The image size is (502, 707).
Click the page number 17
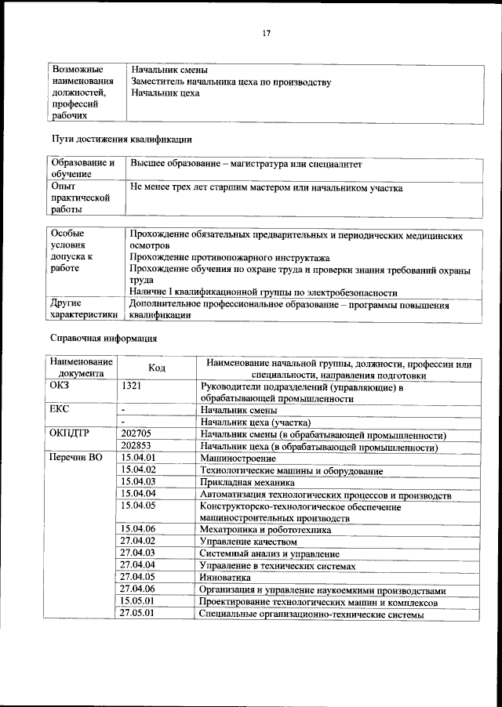click(267, 33)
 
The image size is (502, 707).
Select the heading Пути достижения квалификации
click(122, 139)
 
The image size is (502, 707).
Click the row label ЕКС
click(60, 409)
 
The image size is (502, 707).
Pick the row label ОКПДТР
click(68, 434)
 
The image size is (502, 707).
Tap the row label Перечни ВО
click(75, 458)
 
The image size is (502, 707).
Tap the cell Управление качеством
click(249, 542)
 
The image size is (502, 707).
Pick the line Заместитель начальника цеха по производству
click(231, 82)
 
